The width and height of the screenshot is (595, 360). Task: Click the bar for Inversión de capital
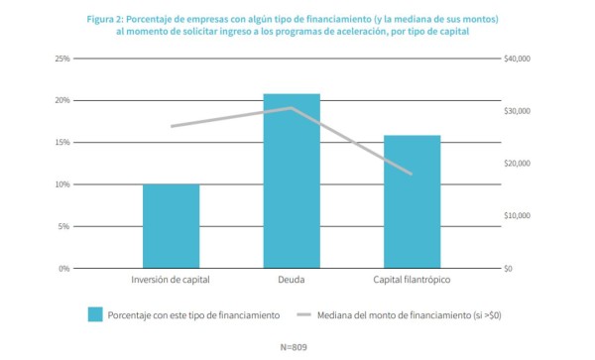[171, 226]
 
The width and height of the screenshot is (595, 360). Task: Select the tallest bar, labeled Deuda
[292, 180]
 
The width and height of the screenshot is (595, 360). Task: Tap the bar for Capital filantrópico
[412, 201]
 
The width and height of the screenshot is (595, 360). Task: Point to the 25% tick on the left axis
[62, 59]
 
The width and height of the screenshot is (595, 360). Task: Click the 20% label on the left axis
[62, 100]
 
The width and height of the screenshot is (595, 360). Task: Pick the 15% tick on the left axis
[62, 143]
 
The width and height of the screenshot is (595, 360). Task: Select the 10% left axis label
[62, 184]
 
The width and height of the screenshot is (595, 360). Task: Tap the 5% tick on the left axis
[64, 226]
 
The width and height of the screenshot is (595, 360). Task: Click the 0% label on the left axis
[64, 269]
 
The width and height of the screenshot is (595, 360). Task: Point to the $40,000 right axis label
[518, 59]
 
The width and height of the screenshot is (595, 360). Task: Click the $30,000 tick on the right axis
[518, 111]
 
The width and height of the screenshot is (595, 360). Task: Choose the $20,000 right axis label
[518, 164]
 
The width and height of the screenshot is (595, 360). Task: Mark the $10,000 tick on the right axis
[518, 216]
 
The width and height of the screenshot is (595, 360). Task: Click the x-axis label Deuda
[292, 281]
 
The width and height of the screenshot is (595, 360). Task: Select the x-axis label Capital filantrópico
[412, 281]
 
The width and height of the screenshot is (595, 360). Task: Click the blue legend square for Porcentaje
[95, 314]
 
